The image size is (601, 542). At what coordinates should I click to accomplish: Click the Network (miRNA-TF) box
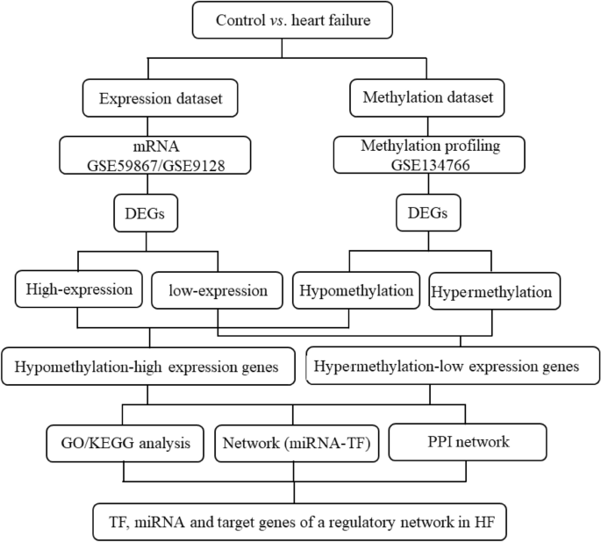pos(293,442)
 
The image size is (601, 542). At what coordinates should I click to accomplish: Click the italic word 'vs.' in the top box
pos(277,21)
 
